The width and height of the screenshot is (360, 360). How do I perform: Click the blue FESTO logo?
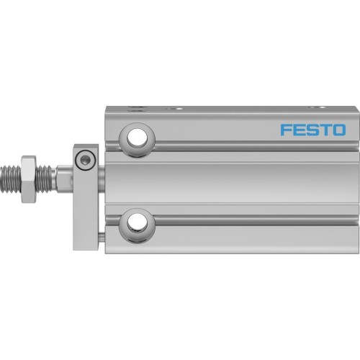click(312, 130)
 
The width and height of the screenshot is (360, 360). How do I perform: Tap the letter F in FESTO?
click(285, 130)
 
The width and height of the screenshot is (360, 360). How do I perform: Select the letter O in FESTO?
click(338, 130)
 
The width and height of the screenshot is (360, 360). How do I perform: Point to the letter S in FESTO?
click(312, 130)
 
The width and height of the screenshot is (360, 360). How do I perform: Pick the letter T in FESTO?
click(325, 130)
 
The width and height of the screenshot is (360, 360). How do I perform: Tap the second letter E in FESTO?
click(298, 130)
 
